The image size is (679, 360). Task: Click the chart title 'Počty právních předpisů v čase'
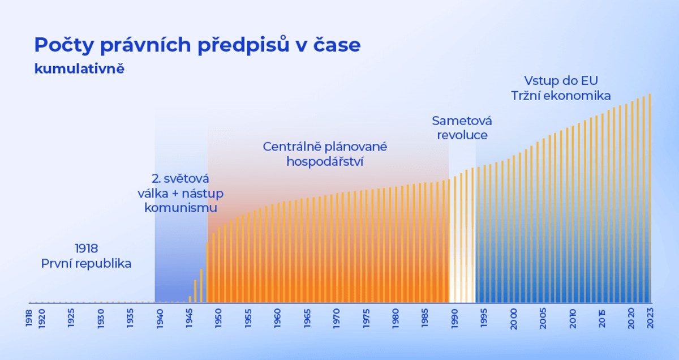tap(197, 45)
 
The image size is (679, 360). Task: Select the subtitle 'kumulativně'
tap(79, 69)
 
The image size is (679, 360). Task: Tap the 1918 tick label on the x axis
tap(29, 318)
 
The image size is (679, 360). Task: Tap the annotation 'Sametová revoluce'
tap(462, 128)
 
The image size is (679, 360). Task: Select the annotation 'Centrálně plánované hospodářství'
tap(325, 154)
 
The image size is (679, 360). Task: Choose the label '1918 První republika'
tap(86, 256)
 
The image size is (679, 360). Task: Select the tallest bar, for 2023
tap(650, 198)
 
